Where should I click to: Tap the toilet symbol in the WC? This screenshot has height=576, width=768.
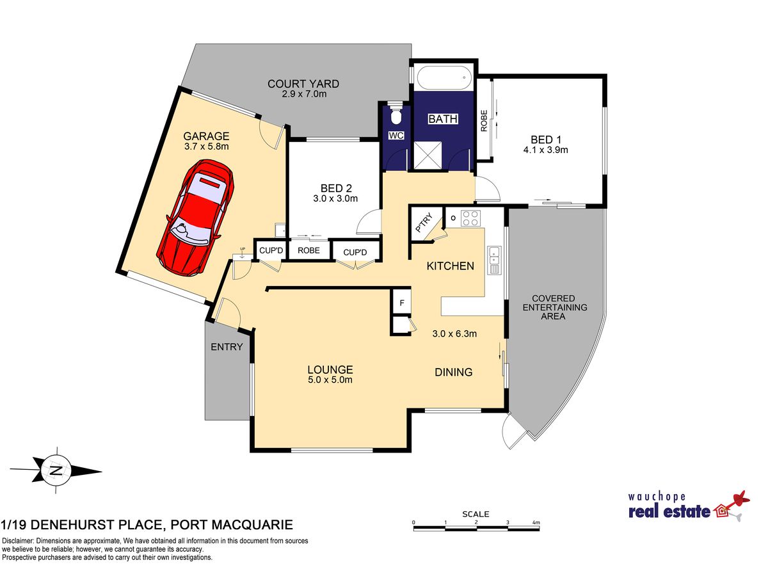coord(396,113)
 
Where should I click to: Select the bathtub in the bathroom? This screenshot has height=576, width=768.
coord(444,77)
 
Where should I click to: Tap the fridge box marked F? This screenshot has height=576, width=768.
coord(402,303)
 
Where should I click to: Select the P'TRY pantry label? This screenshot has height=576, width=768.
coord(424,223)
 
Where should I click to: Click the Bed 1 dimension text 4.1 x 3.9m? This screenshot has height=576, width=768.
coord(545,150)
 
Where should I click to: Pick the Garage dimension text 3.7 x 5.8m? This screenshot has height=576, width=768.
coord(207,146)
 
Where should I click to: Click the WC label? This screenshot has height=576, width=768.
coord(396,135)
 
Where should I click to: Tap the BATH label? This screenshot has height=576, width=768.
coord(443,119)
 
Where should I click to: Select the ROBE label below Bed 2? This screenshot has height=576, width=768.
coord(308,250)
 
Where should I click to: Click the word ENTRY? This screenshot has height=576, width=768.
coord(227,347)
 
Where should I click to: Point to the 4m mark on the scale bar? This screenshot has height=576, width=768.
coord(536,522)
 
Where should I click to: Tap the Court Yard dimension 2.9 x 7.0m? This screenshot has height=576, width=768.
coord(305,94)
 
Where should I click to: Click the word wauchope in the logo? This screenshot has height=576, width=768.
coord(657,497)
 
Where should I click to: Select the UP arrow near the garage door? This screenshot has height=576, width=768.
coord(243,253)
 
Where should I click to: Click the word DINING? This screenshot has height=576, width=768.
coord(454,372)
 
